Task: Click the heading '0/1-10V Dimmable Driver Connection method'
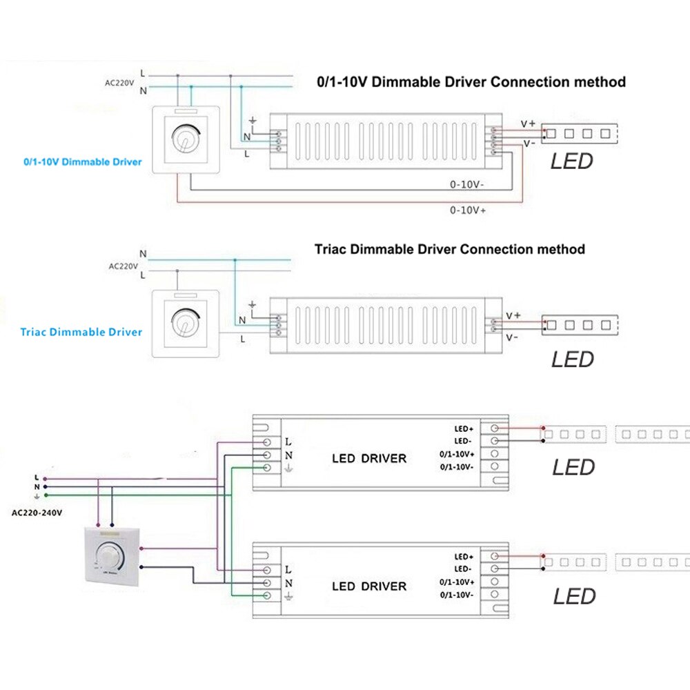(471, 82)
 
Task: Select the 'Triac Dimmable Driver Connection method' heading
(450, 249)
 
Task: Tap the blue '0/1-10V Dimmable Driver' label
(83, 162)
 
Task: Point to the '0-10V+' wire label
(469, 210)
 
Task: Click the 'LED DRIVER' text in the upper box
(369, 458)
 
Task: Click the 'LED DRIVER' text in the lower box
(369, 586)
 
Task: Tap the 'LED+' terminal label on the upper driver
(463, 428)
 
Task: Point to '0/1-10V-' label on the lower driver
(457, 594)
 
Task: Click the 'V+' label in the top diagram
(528, 124)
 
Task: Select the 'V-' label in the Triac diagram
(512, 337)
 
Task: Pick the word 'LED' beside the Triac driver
(572, 359)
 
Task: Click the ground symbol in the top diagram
(253, 122)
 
